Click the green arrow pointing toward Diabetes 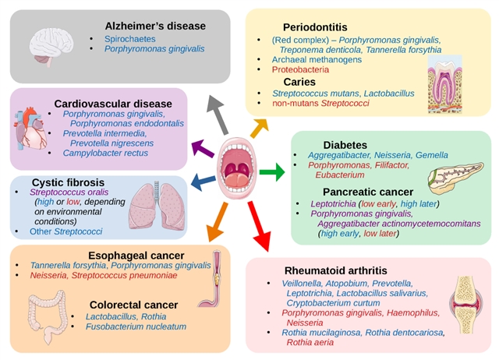pos(272,171)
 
